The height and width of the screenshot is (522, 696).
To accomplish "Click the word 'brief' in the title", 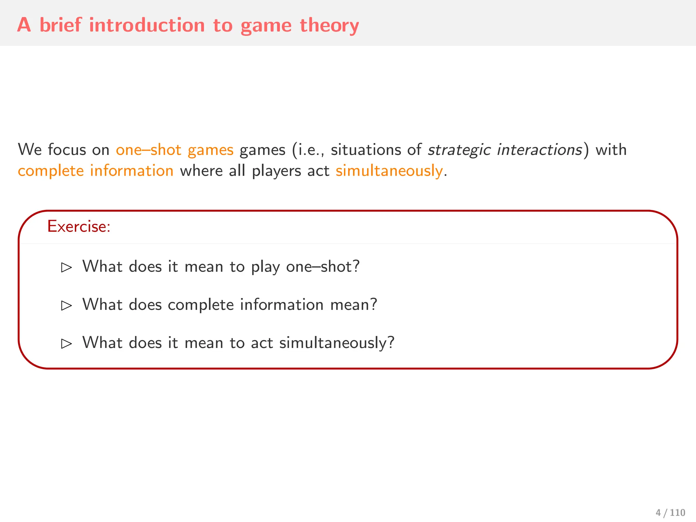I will pos(60,25).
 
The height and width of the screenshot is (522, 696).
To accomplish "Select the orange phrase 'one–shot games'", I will pos(175,150).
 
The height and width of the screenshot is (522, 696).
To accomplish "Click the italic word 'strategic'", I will pos(459,150).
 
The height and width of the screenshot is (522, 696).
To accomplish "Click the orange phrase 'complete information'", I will pos(95,171).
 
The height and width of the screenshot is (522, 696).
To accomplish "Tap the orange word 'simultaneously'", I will pos(389,171).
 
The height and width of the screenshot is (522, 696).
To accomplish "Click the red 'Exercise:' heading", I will pos(79,226).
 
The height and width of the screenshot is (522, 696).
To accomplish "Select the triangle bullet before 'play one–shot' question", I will pos(66,267).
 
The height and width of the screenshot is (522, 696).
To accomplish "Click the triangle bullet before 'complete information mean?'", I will pos(66,306).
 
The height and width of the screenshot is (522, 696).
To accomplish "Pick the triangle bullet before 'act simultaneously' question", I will pos(66,344).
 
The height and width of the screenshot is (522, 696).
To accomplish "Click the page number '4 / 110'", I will pos(670,512).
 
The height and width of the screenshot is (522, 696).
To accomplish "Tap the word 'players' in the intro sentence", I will pos(276,171).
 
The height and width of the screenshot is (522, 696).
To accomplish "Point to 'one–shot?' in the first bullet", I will pos(323,267).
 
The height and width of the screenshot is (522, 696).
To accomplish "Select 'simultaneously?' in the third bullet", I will pos(337,343).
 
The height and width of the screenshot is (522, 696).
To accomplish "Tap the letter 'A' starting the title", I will pos(24,25).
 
